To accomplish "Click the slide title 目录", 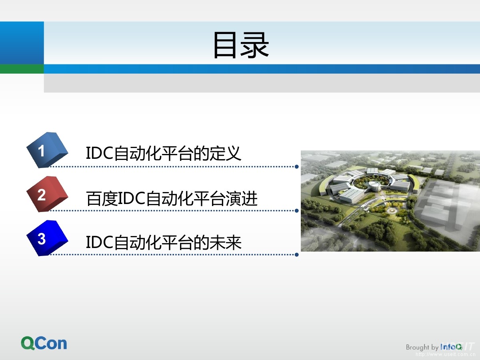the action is pos(241,45).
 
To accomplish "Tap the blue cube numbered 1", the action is pos(47,150).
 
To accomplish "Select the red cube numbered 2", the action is pos(47,194).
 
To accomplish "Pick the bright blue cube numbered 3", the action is pos(47,238).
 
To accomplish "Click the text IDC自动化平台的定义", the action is pos(164,153).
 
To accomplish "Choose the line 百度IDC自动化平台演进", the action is pos(172,198).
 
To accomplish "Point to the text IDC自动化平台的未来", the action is pos(164,242).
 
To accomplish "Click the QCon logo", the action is pos(44,343).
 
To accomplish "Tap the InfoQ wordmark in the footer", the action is pos(451,347).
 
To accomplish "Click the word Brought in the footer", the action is pos(418,347).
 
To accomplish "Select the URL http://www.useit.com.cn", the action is pos(446,354).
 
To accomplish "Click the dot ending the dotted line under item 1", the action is pos(297,167).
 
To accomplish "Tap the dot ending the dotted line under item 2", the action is pos(297,211).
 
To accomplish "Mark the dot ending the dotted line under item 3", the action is pos(297,255).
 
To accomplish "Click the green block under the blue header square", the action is pos(22,69).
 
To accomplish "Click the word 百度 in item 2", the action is pos(102,198).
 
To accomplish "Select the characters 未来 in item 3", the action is pos(226,242).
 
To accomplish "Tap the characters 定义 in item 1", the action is pos(226,153).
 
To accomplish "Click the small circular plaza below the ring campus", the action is pos(392,211).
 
